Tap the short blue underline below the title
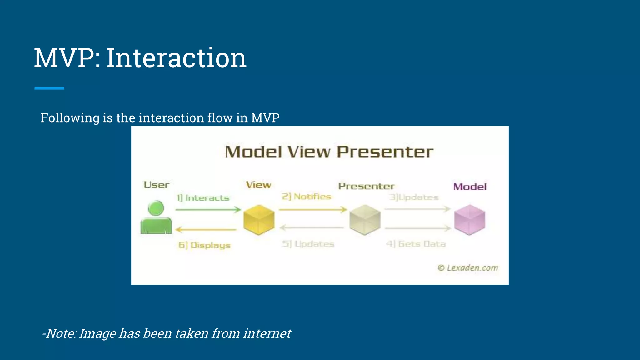pyautogui.click(x=49, y=88)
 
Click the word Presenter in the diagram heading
pyautogui.click(x=385, y=152)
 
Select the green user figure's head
pyautogui.click(x=156, y=208)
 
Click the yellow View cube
pyautogui.click(x=259, y=220)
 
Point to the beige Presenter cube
pyautogui.click(x=365, y=220)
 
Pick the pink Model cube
pyautogui.click(x=469, y=220)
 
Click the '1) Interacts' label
pyautogui.click(x=203, y=198)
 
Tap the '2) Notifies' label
pyautogui.click(x=306, y=197)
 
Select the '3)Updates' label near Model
pyautogui.click(x=413, y=197)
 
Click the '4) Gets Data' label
pyautogui.click(x=416, y=244)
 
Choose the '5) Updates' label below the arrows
pyautogui.click(x=308, y=244)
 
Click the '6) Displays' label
pyautogui.click(x=204, y=245)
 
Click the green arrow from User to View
pyautogui.click(x=208, y=209)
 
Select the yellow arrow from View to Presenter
pyautogui.click(x=312, y=209)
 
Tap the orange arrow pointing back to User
pyautogui.click(x=206, y=230)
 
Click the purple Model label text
pyautogui.click(x=470, y=187)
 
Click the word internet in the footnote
pyautogui.click(x=267, y=333)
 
